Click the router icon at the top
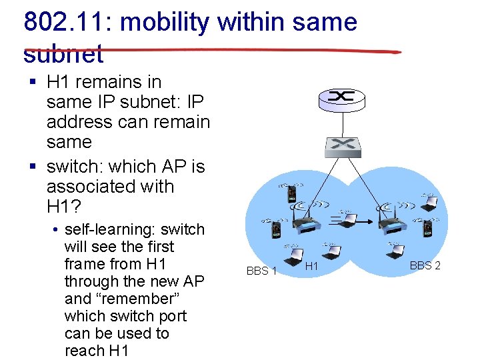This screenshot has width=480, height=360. pyautogui.click(x=342, y=98)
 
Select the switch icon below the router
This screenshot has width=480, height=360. pyautogui.click(x=342, y=143)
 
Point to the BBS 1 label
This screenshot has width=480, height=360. pyautogui.click(x=261, y=271)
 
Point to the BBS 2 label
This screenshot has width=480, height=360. pyautogui.click(x=425, y=266)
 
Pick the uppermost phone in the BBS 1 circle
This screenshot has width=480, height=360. pyautogui.click(x=291, y=194)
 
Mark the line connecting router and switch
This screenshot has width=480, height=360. pyautogui.click(x=342, y=121)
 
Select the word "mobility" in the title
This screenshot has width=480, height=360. pyautogui.click(x=166, y=22)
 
